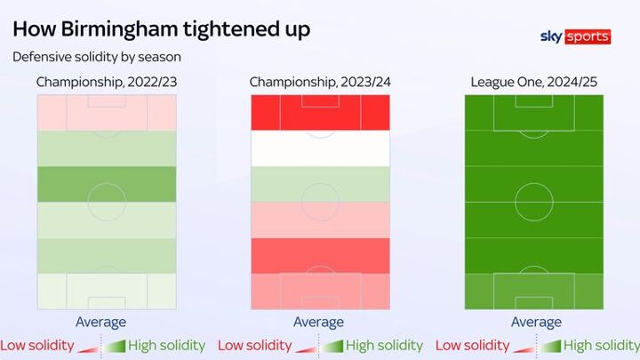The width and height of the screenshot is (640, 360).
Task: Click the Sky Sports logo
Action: click(575, 36)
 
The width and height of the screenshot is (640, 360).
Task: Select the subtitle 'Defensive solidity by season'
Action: click(96, 57)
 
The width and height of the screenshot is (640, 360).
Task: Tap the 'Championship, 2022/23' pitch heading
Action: click(106, 83)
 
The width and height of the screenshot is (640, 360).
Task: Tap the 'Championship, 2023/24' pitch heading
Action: click(320, 83)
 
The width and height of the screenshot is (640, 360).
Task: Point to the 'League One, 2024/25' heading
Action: click(533, 83)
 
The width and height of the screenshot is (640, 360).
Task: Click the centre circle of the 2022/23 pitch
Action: click(107, 201)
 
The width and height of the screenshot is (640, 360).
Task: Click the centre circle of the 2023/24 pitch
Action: click(320, 201)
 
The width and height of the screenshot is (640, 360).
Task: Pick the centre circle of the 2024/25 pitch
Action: click(533, 201)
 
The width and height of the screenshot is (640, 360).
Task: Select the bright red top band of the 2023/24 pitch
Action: click(320, 112)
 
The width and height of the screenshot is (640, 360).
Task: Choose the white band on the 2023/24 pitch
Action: click(320, 148)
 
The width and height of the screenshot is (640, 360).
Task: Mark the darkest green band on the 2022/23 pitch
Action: click(107, 184)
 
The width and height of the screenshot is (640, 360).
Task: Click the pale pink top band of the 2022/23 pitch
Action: click(107, 112)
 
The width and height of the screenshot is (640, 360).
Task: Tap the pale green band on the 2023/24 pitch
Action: click(320, 184)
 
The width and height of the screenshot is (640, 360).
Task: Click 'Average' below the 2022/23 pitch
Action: click(100, 322)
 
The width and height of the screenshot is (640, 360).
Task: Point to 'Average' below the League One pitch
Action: click(536, 322)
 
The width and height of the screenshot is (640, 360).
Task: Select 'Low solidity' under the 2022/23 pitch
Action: click(36, 345)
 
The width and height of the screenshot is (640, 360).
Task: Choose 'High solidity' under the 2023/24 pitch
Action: click(384, 345)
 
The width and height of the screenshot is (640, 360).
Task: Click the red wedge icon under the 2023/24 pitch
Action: click(307, 347)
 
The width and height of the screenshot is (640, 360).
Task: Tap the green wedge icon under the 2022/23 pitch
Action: click(115, 346)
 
